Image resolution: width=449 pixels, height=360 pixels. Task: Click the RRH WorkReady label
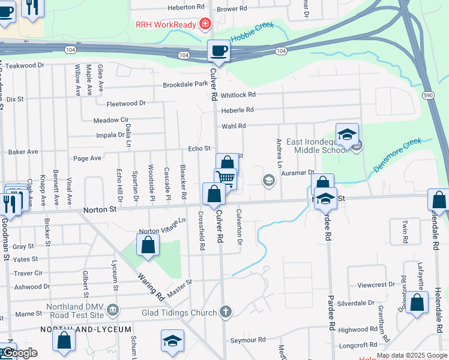click(167, 24)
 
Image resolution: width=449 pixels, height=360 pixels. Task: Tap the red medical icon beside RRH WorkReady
click(205, 24)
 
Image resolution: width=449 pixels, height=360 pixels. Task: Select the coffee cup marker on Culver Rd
click(218, 50)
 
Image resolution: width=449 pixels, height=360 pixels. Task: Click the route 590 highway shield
click(428, 95)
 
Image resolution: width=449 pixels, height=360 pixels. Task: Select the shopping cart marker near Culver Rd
click(226, 179)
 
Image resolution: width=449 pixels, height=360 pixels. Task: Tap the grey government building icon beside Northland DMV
click(113, 311)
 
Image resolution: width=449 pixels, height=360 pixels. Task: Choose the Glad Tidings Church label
click(180, 313)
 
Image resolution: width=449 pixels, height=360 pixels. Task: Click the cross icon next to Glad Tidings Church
click(224, 311)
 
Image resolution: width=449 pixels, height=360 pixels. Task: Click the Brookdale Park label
click(185, 85)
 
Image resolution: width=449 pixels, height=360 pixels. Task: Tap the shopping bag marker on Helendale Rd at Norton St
click(438, 200)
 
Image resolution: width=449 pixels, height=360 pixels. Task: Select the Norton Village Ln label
click(163, 226)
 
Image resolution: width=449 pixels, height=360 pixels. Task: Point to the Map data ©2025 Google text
click(411, 355)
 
